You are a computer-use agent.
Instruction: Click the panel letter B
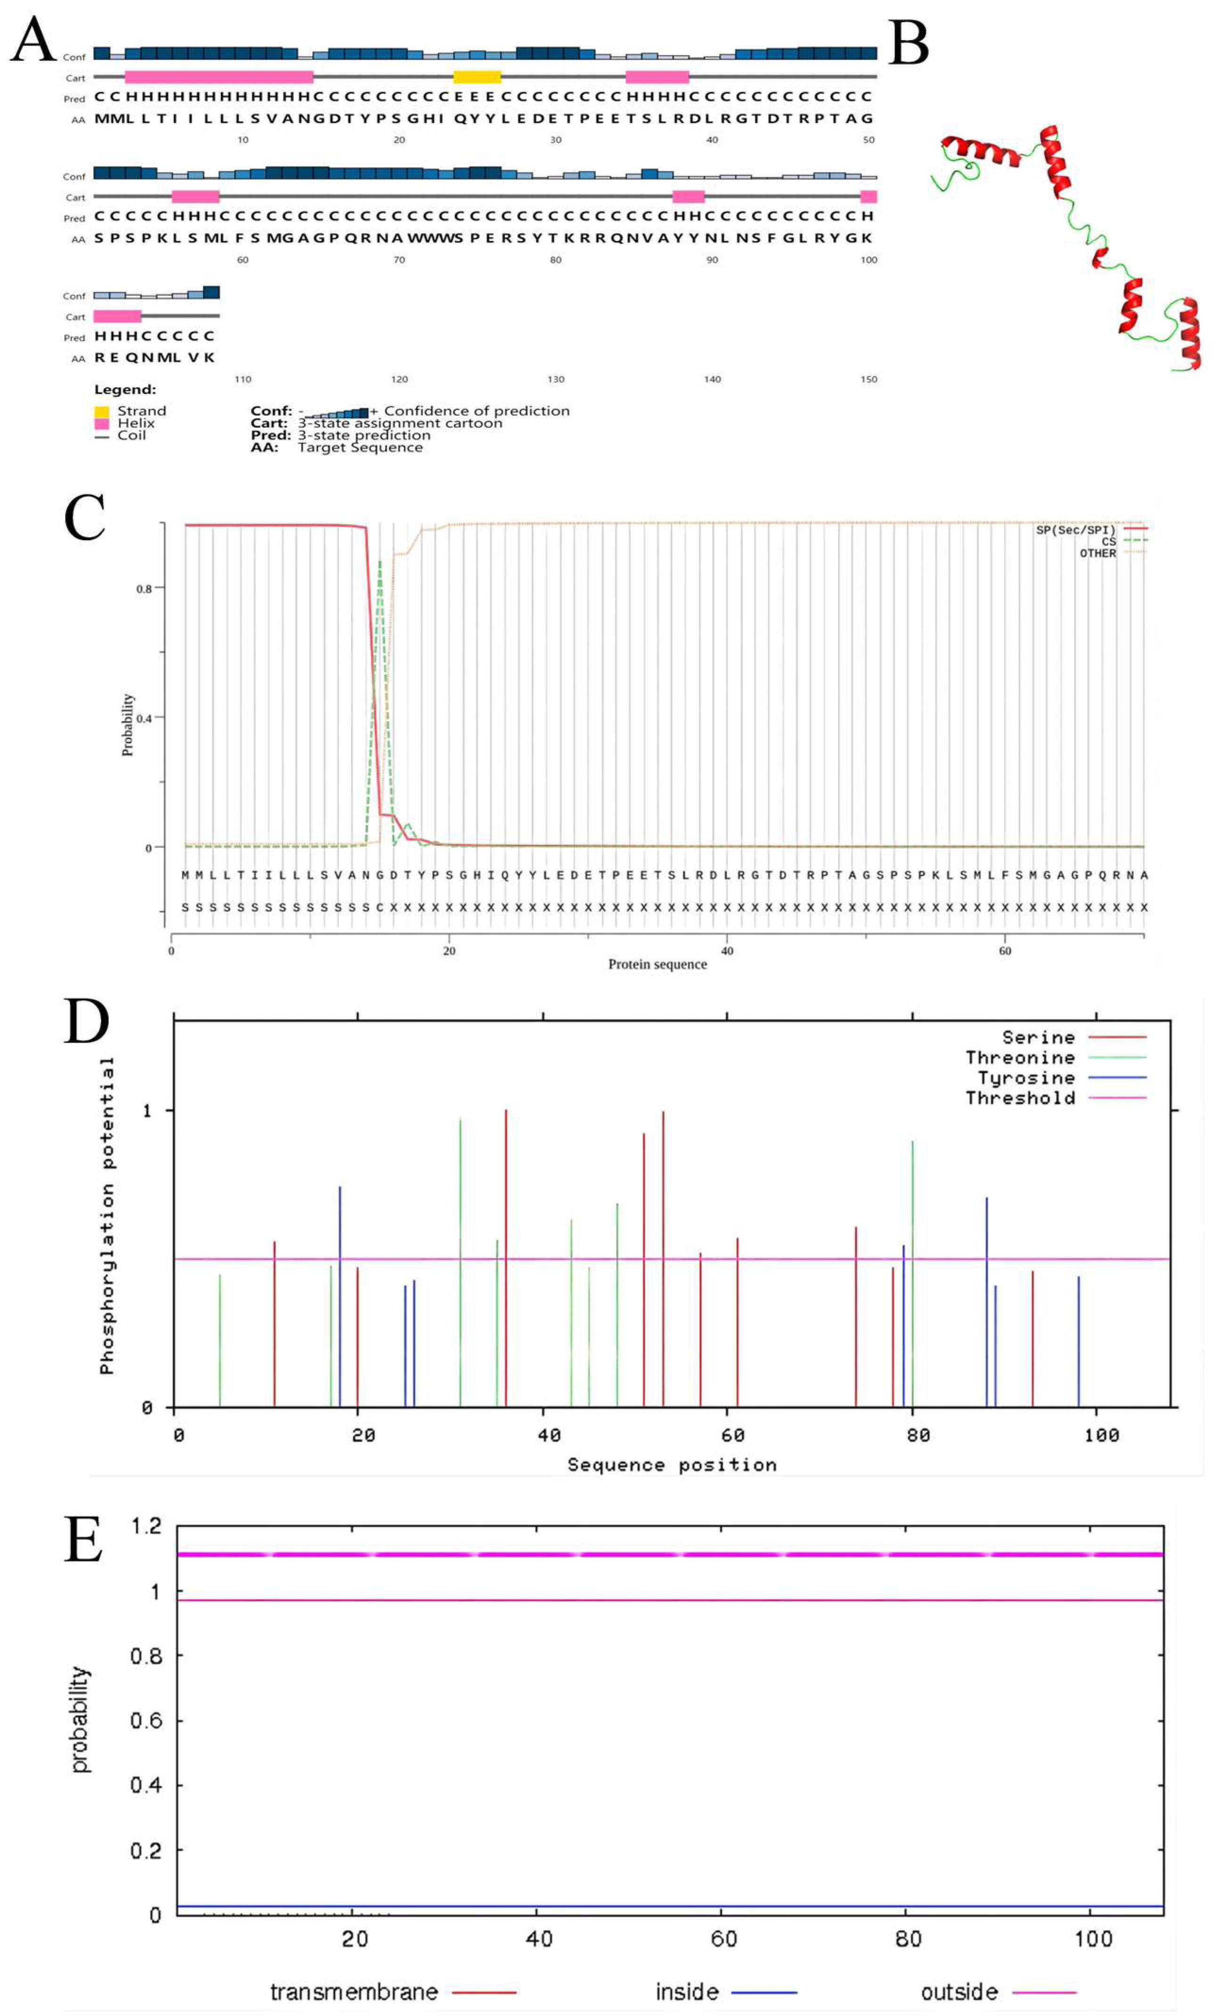908,44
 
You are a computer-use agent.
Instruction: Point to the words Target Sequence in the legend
360,448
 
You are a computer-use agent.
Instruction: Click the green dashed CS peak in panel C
380,565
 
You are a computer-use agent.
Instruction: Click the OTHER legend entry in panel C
1097,554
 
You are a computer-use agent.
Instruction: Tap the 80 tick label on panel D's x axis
918,1435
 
